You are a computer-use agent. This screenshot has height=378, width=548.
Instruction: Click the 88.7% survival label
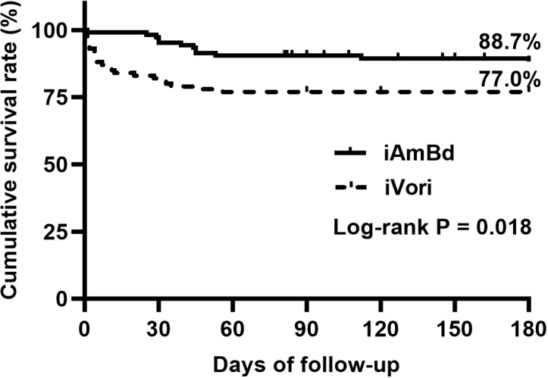point(509,42)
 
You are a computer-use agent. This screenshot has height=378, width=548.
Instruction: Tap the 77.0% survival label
point(509,80)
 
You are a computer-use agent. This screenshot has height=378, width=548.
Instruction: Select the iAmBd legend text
point(419,153)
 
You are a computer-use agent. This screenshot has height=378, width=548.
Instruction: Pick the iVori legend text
point(408,188)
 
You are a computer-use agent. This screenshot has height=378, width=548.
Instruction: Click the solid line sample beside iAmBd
point(350,153)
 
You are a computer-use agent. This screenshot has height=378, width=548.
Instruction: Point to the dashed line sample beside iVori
point(350,188)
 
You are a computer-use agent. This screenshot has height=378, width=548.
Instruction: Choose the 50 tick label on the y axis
point(60,164)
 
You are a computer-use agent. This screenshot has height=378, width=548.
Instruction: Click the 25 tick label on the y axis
point(60,231)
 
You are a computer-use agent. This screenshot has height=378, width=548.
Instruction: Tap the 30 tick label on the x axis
point(158,329)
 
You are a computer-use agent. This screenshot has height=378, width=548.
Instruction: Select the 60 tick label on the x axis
point(233,329)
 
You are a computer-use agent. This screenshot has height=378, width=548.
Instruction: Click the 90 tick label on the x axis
point(306,329)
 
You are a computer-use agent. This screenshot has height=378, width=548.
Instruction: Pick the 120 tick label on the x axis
point(380,329)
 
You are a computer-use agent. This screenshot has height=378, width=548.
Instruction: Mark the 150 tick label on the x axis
point(455,329)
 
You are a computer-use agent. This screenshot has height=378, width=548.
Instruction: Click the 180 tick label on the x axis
point(529,329)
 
